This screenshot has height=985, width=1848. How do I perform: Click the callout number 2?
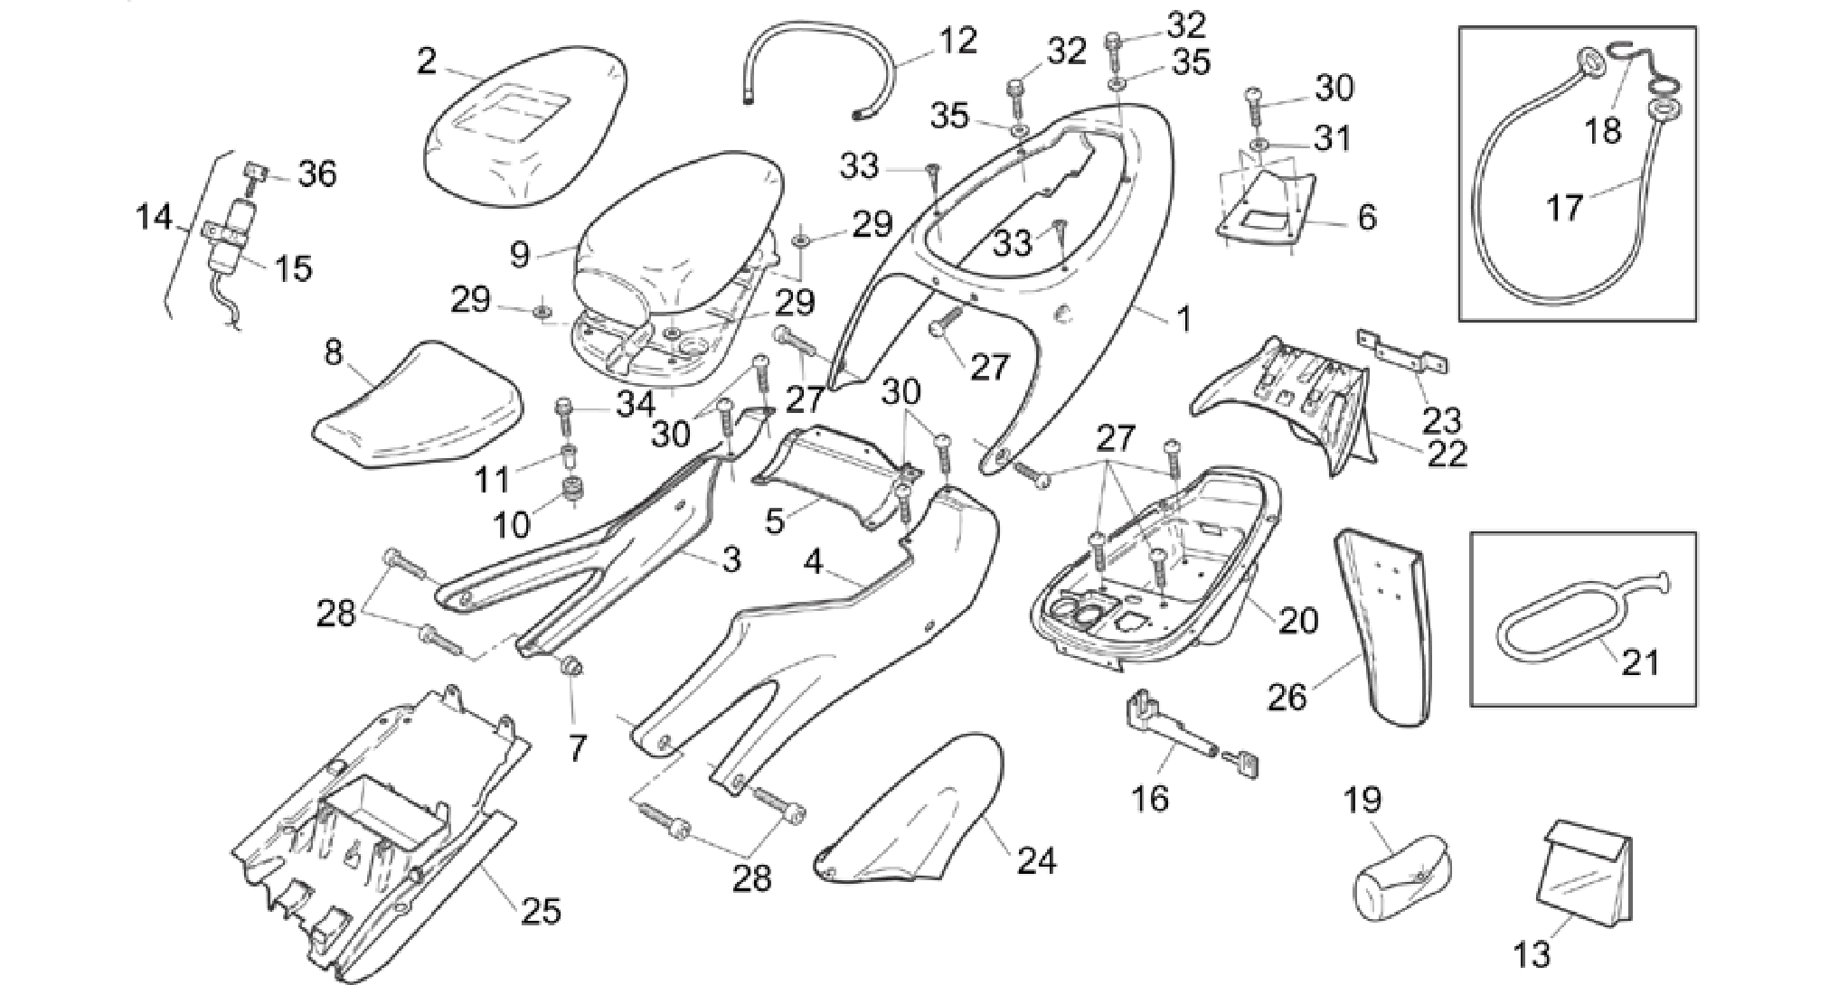[x=427, y=61]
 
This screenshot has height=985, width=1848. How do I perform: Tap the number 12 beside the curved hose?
[x=958, y=41]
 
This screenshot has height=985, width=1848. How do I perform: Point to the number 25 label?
[x=541, y=910]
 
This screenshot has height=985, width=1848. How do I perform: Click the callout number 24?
[x=1037, y=861]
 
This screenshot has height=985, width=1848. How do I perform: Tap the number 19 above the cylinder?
[x=1362, y=800]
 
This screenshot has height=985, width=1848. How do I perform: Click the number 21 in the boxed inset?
[x=1641, y=662]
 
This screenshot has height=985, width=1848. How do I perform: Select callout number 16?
[x=1150, y=798]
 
